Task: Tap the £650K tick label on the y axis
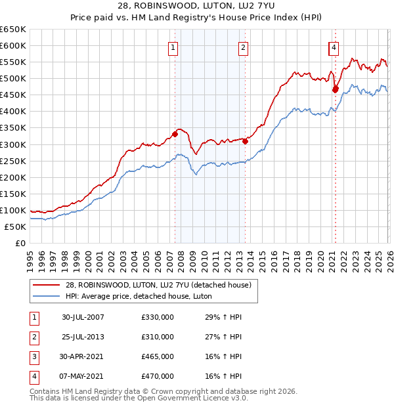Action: pyautogui.click(x=13, y=30)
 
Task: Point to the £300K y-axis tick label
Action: pyautogui.click(x=13, y=144)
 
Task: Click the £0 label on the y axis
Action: pyautogui.click(x=20, y=243)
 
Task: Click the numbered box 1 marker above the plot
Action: pyautogui.click(x=173, y=47)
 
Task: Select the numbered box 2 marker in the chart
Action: pyautogui.click(x=243, y=47)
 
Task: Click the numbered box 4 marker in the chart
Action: pyautogui.click(x=334, y=47)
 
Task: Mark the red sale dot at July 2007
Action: pyautogui.click(x=175, y=134)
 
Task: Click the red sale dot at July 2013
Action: pyautogui.click(x=245, y=140)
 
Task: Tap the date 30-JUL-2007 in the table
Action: pyautogui.click(x=83, y=317)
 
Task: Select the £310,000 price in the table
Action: pyautogui.click(x=158, y=337)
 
